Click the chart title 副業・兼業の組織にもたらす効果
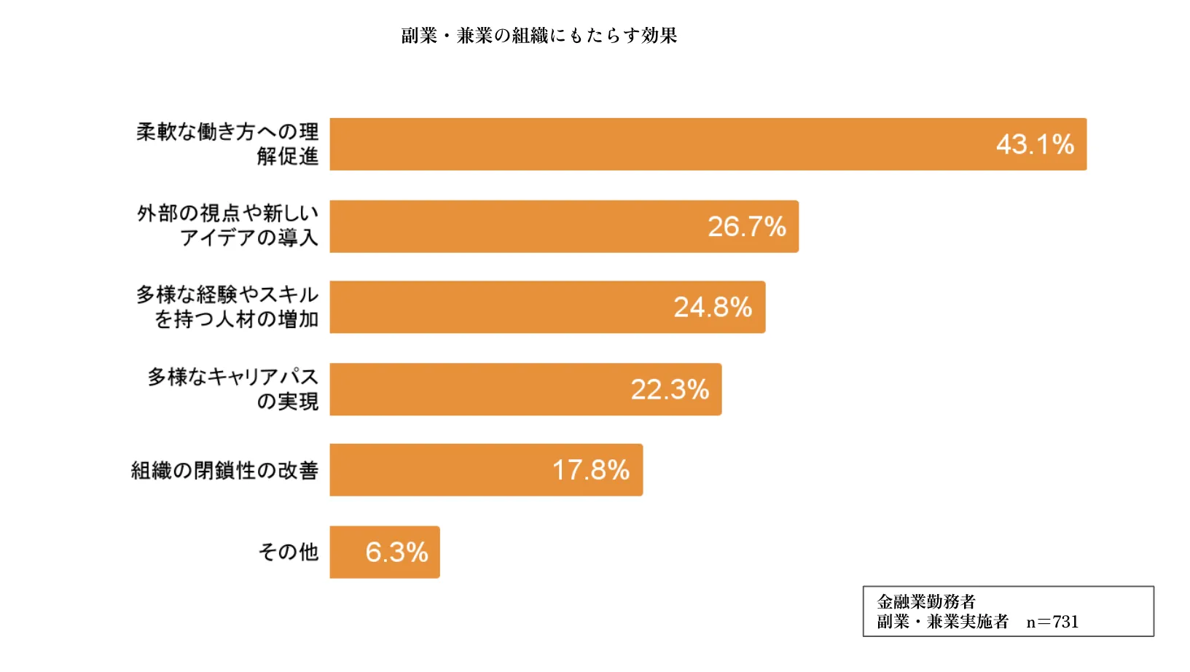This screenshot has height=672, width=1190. pos(539,36)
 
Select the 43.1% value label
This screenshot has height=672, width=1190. pos(1035,144)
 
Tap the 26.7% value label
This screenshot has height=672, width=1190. pos(746,227)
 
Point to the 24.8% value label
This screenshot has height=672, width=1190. pos(712,308)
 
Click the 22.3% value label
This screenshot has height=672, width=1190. pos(669,390)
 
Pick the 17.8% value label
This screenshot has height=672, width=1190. pos(590,470)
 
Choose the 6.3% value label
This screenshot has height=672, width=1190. pos(396,552)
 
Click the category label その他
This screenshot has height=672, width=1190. pos(289,552)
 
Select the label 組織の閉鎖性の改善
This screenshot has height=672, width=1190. pos(224,471)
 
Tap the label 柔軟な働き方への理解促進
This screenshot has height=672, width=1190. pos(227,144)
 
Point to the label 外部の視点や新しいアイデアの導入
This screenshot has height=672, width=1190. pos(227,225)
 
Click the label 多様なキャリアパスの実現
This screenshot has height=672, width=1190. pos(233,388)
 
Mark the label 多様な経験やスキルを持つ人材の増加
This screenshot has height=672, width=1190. pos(227,307)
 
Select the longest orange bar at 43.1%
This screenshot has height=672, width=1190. pos(656,144)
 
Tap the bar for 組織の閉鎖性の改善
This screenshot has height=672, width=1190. pos(437,470)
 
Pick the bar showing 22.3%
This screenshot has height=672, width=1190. pos(474,390)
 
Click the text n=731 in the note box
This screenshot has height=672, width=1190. pos(1052,622)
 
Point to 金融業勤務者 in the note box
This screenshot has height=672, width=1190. pos(926,602)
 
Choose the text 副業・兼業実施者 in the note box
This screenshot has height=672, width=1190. pos(943,622)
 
